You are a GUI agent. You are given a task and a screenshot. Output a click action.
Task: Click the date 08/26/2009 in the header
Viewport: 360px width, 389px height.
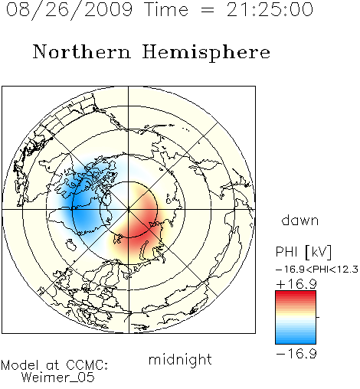70,9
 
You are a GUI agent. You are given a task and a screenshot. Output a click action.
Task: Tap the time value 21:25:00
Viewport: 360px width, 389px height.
270,9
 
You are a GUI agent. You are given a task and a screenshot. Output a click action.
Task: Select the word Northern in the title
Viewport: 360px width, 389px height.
82,51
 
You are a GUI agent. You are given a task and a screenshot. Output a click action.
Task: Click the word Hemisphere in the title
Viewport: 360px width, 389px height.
206,53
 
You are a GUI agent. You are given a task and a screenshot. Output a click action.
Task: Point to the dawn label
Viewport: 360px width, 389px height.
300,221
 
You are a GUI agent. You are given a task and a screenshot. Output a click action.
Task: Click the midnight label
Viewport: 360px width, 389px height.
180,360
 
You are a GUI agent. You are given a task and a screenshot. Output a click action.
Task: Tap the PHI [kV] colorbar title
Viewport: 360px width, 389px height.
304,252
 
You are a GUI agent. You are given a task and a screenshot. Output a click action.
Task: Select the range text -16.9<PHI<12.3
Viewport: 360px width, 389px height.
317,270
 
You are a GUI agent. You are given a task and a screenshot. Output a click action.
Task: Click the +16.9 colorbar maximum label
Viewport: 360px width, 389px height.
296,284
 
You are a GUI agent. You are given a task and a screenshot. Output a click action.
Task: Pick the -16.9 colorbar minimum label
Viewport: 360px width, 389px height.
296,354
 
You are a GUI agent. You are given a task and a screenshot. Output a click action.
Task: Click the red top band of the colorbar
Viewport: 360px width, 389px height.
296,295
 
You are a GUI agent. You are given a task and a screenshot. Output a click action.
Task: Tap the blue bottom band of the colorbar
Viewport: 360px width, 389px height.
296,340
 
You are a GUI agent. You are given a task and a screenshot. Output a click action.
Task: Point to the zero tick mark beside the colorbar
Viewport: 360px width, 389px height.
318,317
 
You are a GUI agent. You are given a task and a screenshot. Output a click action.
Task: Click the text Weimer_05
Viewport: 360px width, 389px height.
58,378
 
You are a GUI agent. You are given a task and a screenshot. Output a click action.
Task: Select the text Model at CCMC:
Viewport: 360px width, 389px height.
54,365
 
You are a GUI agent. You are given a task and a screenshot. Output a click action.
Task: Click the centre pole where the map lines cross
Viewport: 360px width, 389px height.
129,209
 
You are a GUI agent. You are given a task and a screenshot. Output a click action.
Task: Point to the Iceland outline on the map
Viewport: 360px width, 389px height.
71,245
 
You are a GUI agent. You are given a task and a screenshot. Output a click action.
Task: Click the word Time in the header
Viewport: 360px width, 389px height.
166,9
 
